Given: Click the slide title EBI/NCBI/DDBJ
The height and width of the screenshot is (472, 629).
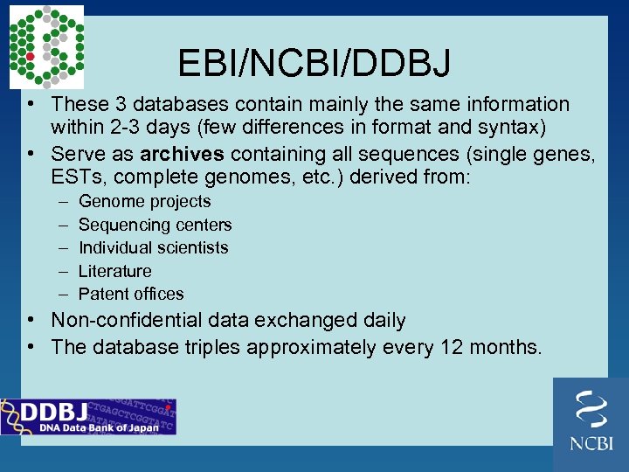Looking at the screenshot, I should click(314, 63).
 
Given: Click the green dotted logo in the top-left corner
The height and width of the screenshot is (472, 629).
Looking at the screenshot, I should click(46, 46).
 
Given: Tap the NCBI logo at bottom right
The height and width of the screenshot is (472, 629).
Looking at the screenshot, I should click(591, 424).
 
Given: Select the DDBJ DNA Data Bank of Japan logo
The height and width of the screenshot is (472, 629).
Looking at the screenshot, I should click(87, 416).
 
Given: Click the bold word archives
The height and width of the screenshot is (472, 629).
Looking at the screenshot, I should click(182, 154).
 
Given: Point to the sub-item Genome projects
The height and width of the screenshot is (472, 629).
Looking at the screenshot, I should click(144, 202).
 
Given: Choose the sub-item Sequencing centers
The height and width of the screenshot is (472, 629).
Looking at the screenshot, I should click(155, 225).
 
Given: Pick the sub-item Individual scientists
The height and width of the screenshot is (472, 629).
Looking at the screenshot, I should click(153, 247).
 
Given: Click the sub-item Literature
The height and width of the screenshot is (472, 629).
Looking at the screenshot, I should click(114, 271).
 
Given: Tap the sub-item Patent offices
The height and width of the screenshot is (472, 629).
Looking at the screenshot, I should click(131, 294).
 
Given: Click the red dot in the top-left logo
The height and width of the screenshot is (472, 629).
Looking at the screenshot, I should click(30, 57).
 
